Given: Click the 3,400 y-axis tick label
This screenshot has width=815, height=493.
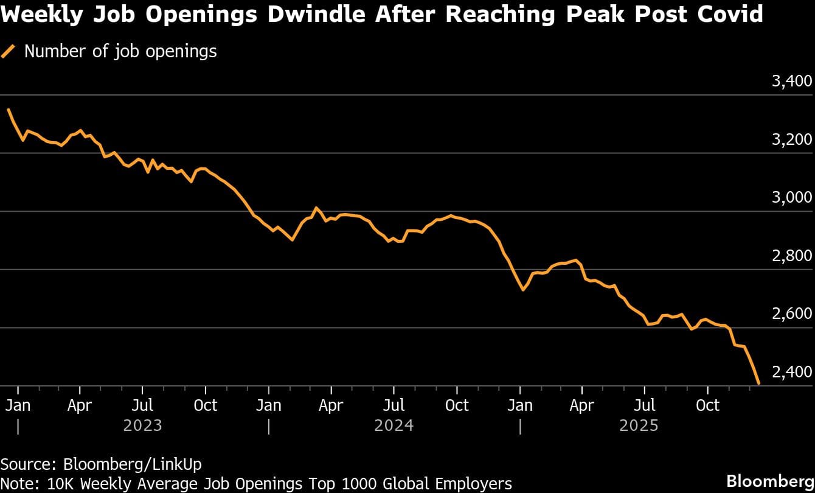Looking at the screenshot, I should (x=792, y=82).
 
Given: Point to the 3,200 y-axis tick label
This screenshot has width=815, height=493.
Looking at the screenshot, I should (x=792, y=139).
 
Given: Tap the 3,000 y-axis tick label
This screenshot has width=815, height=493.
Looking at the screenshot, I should (x=792, y=198).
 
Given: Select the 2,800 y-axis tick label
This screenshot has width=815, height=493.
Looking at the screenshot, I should (x=792, y=256).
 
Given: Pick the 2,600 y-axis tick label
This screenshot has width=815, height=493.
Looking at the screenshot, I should (x=792, y=314).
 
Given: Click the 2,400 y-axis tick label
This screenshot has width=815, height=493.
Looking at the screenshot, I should (x=792, y=372).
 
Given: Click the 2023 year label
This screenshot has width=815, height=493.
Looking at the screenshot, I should (x=142, y=425).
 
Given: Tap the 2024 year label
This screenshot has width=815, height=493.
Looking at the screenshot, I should (x=394, y=425).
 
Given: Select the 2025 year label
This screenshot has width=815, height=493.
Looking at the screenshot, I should (x=639, y=425).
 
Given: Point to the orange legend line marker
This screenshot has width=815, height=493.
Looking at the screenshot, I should (x=9, y=52).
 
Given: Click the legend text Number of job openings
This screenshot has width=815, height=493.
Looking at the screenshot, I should (x=120, y=51).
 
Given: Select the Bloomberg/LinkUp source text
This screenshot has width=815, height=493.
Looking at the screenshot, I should (x=132, y=464).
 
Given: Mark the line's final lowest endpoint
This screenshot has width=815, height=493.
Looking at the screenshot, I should (x=758, y=383).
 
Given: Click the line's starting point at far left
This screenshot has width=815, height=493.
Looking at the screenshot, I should (x=8, y=110).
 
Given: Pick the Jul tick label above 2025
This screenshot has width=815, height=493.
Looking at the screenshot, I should (x=645, y=405).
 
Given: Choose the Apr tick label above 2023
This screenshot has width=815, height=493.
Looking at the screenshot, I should (x=80, y=405).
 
